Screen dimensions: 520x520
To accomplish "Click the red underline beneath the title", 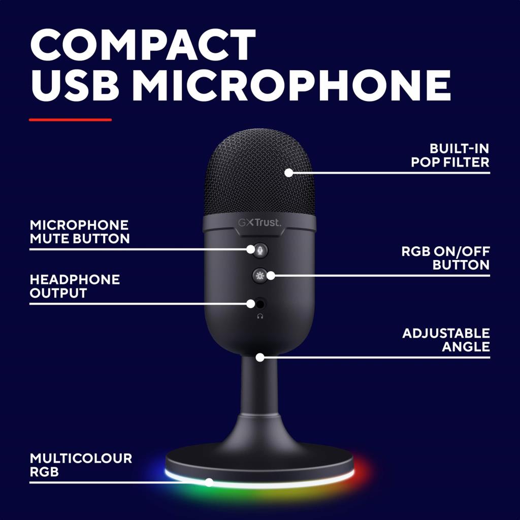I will (70, 120).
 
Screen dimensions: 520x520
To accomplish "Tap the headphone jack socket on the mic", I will (261, 304).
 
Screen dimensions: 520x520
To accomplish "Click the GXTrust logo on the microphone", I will (259, 222).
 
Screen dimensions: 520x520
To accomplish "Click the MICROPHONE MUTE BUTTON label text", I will (80, 232).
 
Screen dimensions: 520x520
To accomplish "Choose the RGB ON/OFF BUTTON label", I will (445, 258).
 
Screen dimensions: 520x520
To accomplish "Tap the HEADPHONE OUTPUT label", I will (75, 286).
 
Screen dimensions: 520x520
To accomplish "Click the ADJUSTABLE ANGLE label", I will (446, 340).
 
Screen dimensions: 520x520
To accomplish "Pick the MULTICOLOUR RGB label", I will (81, 465).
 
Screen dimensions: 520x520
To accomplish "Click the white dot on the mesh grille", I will (288, 173).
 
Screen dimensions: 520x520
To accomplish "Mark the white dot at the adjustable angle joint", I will (260, 357).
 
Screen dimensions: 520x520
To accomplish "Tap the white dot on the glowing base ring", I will (209, 482).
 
